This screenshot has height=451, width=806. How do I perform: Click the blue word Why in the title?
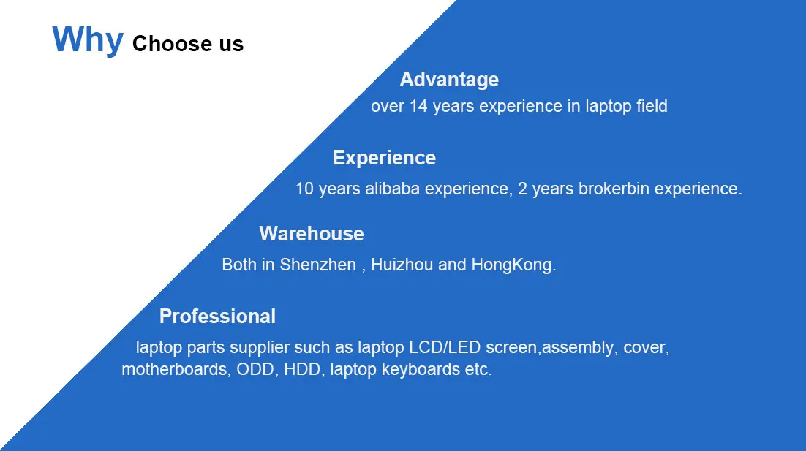(x=88, y=40)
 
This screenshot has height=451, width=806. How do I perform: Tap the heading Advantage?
(x=449, y=80)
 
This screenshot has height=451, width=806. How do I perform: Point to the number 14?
(x=418, y=106)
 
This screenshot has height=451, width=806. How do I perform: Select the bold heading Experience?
(x=384, y=158)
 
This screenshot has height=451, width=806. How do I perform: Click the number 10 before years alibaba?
(x=304, y=189)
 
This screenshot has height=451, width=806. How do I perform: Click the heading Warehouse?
(x=312, y=234)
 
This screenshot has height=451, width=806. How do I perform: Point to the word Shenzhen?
(x=317, y=265)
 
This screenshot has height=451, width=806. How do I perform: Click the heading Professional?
(x=217, y=316)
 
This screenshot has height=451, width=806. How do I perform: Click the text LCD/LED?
(x=445, y=347)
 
